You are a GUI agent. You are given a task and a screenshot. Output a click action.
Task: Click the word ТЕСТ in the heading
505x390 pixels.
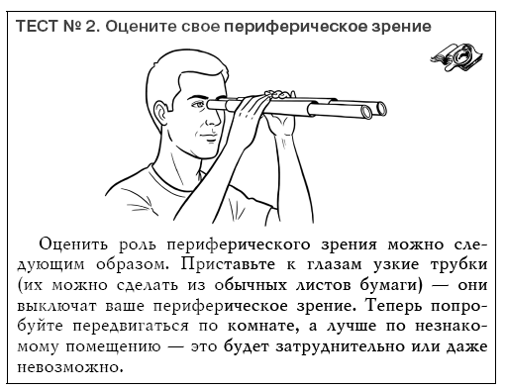(x=37, y=26)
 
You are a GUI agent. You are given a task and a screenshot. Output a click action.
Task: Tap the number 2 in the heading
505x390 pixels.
(x=91, y=26)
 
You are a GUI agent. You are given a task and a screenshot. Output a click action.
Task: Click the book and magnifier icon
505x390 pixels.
(x=456, y=56)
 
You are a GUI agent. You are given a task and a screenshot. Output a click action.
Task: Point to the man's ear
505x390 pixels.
(x=161, y=111)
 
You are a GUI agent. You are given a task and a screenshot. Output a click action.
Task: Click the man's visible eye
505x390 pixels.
(x=199, y=104)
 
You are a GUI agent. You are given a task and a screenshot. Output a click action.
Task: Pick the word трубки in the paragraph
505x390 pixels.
(x=459, y=265)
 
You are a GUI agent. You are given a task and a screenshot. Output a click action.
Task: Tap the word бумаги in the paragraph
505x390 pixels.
(x=391, y=285)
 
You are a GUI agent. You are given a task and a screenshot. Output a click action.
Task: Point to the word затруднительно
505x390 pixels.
(x=340, y=346)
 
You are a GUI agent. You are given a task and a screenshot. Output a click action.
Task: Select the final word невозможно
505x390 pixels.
(x=70, y=367)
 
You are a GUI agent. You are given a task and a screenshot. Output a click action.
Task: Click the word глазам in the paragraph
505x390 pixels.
(x=335, y=265)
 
